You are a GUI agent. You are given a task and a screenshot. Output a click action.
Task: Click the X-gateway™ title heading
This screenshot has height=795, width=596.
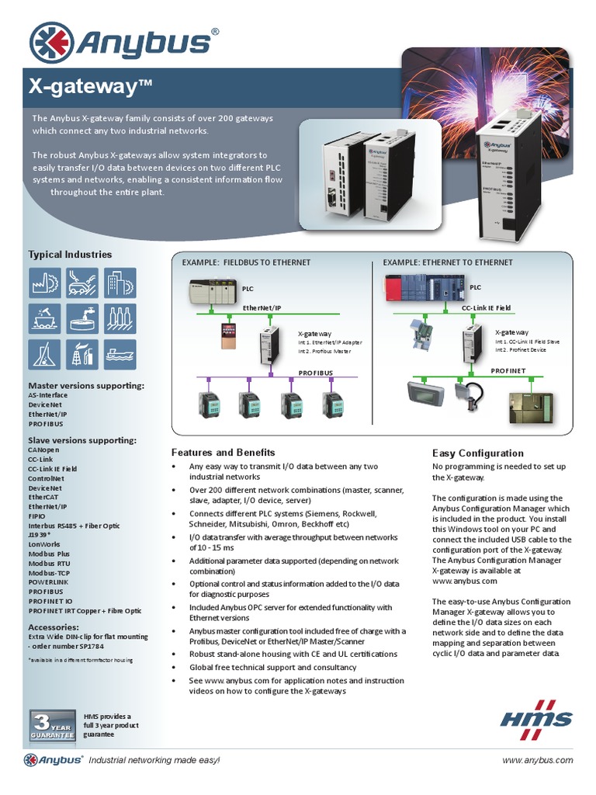click(89, 86)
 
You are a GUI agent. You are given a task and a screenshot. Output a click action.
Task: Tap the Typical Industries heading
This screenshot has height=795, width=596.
click(70, 254)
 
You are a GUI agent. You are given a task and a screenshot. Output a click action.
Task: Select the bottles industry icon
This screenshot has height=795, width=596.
click(120, 318)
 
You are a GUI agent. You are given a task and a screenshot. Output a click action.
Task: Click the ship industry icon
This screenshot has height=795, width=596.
click(120, 354)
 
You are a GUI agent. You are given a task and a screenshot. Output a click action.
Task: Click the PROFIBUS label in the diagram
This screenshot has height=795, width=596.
click(315, 373)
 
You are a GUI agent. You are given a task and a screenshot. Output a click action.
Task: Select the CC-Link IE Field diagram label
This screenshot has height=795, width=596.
click(486, 308)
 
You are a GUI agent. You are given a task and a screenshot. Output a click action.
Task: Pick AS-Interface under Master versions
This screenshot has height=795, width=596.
click(47, 395)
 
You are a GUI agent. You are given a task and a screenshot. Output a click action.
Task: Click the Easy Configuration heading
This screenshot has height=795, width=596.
click(477, 453)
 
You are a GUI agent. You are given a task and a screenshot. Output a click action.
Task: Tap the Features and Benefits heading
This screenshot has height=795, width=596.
click(223, 452)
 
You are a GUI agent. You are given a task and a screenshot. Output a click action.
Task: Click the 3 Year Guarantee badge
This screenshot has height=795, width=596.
click(52, 723)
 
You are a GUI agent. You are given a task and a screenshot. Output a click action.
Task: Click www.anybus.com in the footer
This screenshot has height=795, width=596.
click(538, 760)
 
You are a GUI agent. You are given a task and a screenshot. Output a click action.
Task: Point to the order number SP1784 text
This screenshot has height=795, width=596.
click(70, 646)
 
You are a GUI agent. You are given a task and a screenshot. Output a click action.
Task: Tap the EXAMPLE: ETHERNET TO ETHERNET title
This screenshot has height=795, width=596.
click(448, 262)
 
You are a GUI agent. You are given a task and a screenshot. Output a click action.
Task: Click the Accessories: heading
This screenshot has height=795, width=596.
click(54, 627)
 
